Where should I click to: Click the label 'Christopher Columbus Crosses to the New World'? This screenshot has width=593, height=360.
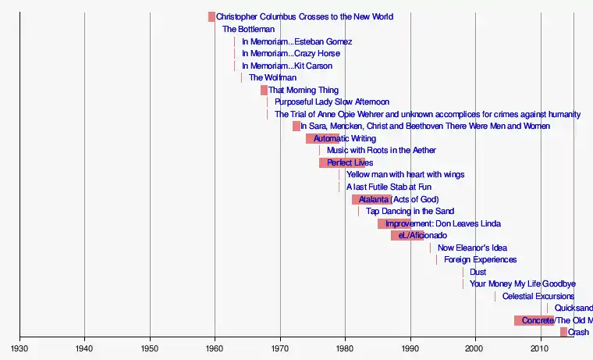(304, 16)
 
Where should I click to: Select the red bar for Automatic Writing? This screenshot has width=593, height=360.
(321, 138)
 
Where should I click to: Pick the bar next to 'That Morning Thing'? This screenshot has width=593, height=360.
(264, 90)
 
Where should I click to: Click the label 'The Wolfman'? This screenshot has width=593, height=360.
(272, 77)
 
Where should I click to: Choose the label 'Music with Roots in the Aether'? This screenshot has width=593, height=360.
(381, 150)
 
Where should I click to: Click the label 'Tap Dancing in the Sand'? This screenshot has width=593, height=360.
(410, 211)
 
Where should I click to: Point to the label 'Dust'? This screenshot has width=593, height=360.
(478, 272)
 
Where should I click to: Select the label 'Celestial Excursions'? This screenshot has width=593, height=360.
(538, 296)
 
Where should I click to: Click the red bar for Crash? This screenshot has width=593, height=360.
(563, 332)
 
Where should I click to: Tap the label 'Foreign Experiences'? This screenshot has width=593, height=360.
(480, 259)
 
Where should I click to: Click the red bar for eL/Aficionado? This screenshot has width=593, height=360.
(407, 235)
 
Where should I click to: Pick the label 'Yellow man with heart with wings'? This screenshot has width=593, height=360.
(405, 174)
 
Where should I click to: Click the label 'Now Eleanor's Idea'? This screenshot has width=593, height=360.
(472, 248)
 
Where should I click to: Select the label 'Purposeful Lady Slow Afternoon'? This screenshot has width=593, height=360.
(332, 102)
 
